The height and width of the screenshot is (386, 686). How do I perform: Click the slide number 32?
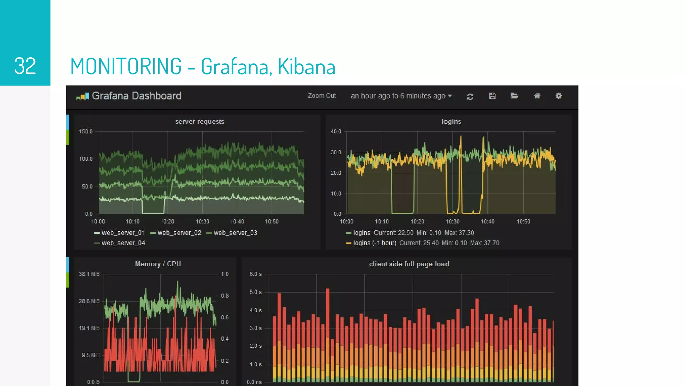(x=25, y=66)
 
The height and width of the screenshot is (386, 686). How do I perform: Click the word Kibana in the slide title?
(x=306, y=66)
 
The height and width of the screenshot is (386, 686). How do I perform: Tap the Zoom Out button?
(x=322, y=96)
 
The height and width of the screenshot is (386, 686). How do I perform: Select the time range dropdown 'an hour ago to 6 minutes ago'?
(x=401, y=96)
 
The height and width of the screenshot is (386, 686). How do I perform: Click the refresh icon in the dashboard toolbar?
(x=470, y=96)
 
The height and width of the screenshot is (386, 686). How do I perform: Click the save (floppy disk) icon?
(x=492, y=96)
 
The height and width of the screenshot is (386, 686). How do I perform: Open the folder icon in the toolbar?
(x=514, y=96)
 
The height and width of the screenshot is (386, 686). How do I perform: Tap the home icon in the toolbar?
(x=537, y=96)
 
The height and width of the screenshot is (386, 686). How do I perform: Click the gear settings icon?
(x=558, y=96)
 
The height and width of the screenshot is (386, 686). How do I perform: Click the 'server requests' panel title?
(x=199, y=122)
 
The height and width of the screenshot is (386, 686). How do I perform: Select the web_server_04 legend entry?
(x=123, y=243)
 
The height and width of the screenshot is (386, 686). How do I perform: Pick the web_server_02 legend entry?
(x=179, y=233)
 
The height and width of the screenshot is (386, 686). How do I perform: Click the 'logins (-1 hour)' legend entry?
(x=374, y=243)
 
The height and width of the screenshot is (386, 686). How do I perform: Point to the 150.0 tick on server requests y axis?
(x=86, y=132)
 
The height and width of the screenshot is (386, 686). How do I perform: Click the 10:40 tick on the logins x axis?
(x=487, y=222)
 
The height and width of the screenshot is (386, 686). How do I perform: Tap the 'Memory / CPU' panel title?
(x=158, y=264)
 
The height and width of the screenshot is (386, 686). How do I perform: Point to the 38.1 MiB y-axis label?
(x=89, y=274)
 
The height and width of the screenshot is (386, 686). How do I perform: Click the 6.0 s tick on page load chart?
(x=255, y=274)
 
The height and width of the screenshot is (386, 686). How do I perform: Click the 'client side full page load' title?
(x=409, y=264)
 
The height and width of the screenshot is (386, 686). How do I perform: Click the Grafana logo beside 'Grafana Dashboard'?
(x=83, y=96)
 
